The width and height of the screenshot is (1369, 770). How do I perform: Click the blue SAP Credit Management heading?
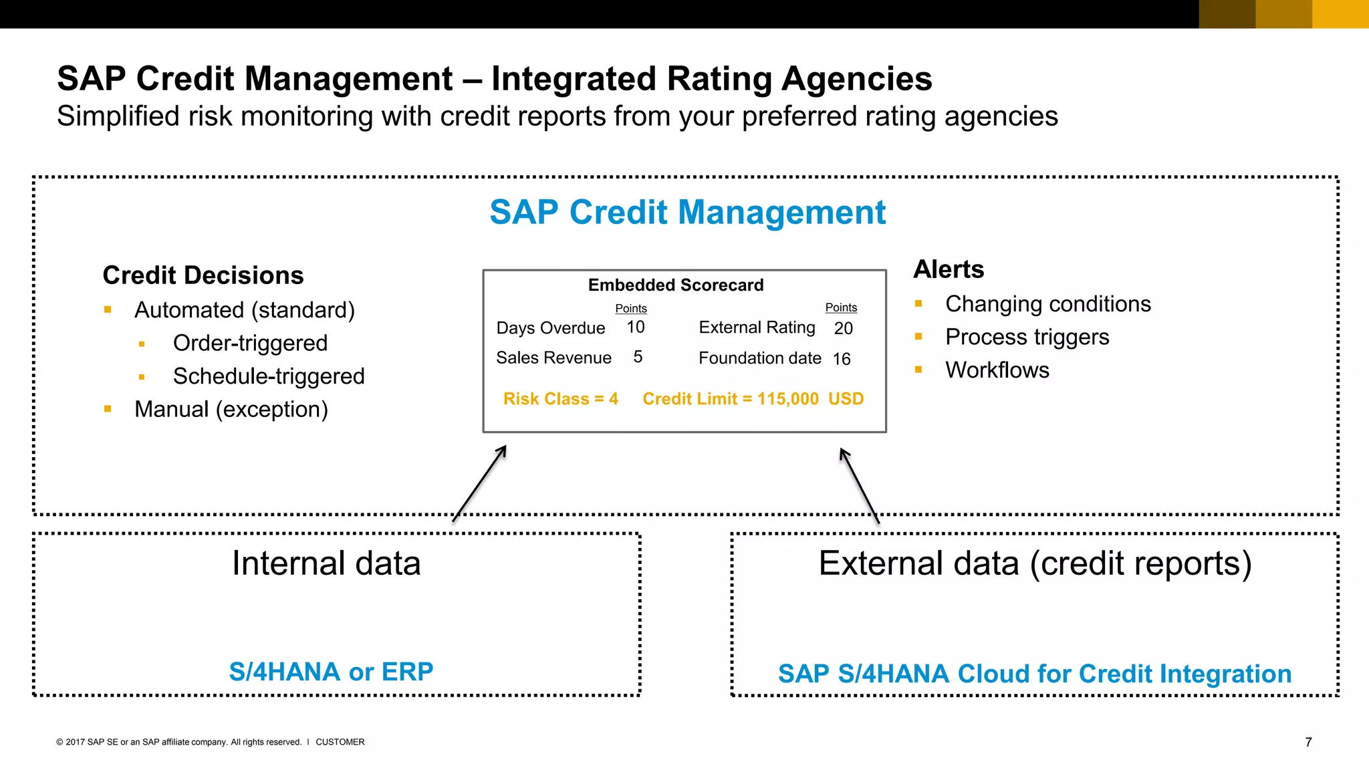tap(687, 213)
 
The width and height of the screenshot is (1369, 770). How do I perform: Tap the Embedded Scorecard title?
tap(675, 285)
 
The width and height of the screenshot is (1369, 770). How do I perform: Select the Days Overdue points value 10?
tap(635, 327)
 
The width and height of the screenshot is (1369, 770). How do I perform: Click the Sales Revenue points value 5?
tap(638, 357)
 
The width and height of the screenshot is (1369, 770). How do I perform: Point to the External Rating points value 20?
tap(843, 328)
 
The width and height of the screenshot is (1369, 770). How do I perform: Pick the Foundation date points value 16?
tap(841, 359)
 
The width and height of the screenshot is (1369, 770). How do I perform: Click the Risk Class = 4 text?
tap(560, 399)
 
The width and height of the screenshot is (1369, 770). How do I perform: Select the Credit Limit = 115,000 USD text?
tap(753, 399)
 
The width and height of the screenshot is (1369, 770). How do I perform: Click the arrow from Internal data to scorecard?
tap(479, 484)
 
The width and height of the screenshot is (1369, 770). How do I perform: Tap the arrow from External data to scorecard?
tap(859, 485)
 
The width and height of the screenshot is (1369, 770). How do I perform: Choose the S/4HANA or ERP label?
tap(331, 671)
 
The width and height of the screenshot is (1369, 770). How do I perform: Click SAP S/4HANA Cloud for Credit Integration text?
tap(1034, 674)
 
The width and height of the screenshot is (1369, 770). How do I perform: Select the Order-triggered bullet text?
tap(250, 343)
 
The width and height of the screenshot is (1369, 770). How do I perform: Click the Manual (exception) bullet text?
tap(231, 409)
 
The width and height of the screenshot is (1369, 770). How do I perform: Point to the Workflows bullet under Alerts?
tap(997, 370)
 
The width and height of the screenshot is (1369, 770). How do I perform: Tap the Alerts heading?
tap(948, 269)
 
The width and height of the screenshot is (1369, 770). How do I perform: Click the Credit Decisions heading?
tap(203, 275)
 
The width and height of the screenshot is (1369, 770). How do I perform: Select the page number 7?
tap(1308, 742)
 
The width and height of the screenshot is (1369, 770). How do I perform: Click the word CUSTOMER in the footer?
tap(340, 742)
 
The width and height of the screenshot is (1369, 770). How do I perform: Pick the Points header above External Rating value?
tap(840, 307)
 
